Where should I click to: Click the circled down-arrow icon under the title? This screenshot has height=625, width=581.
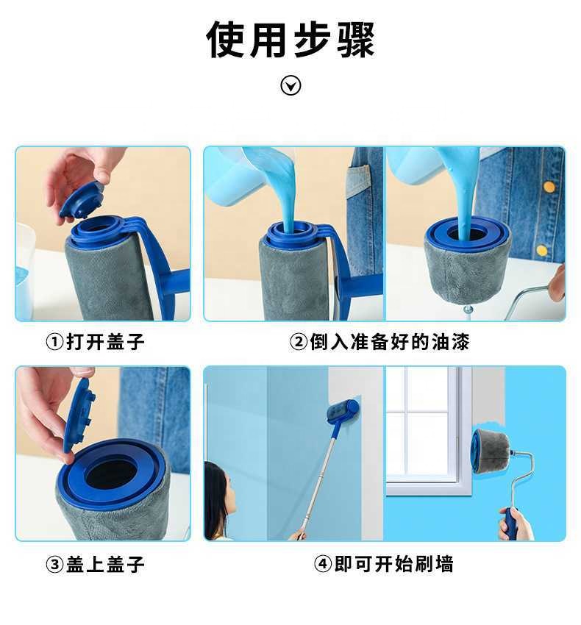(291, 86)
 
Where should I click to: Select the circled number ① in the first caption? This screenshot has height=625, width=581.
(54, 342)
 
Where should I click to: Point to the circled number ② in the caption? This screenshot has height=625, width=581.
(298, 342)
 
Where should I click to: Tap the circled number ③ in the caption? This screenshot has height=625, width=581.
(54, 565)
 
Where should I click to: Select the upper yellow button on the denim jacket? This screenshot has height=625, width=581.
(549, 187)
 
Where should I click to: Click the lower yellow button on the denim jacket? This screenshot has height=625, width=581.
(542, 250)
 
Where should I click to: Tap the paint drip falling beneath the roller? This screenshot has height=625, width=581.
(468, 310)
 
